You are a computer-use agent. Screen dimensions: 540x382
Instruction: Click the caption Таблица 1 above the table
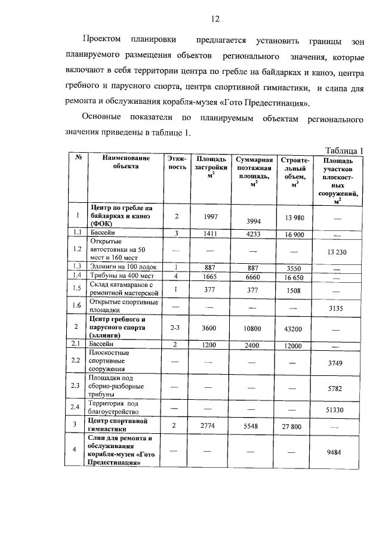click(x=344, y=150)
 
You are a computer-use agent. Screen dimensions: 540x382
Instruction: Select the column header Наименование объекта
click(x=125, y=163)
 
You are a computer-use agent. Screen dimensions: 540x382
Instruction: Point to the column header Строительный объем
click(x=294, y=172)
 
